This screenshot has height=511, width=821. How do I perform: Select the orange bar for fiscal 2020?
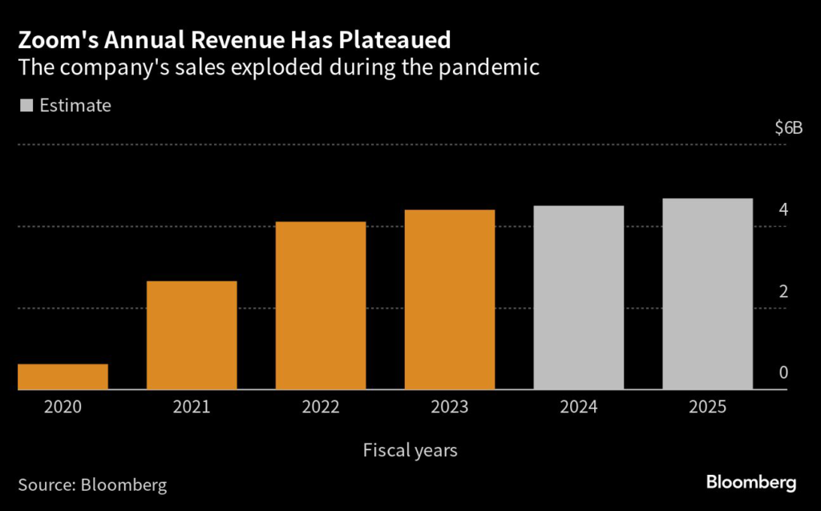pos(63,377)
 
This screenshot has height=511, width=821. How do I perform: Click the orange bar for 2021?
pos(192,335)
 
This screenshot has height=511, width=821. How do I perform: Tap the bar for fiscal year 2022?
pos(321,306)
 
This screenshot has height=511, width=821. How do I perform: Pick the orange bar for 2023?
pos(450,300)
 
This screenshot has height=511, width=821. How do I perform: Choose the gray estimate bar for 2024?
pos(579,298)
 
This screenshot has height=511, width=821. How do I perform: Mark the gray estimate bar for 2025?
pos(708,294)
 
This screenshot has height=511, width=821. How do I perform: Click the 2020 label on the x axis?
pos(63,408)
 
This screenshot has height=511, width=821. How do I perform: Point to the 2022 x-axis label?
pos(321,408)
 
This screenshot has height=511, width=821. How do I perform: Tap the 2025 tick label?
pos(708,408)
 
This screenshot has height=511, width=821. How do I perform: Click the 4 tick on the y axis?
pos(783,210)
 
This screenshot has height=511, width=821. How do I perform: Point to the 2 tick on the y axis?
pos(783,291)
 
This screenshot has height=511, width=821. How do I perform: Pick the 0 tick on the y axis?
pos(783,373)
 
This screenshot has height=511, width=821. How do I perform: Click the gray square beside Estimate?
pos(26,105)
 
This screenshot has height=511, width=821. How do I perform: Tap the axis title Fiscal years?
pos(410,450)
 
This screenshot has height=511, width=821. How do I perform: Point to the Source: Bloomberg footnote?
pos(93,485)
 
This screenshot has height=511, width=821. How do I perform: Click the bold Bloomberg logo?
pos(751,483)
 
